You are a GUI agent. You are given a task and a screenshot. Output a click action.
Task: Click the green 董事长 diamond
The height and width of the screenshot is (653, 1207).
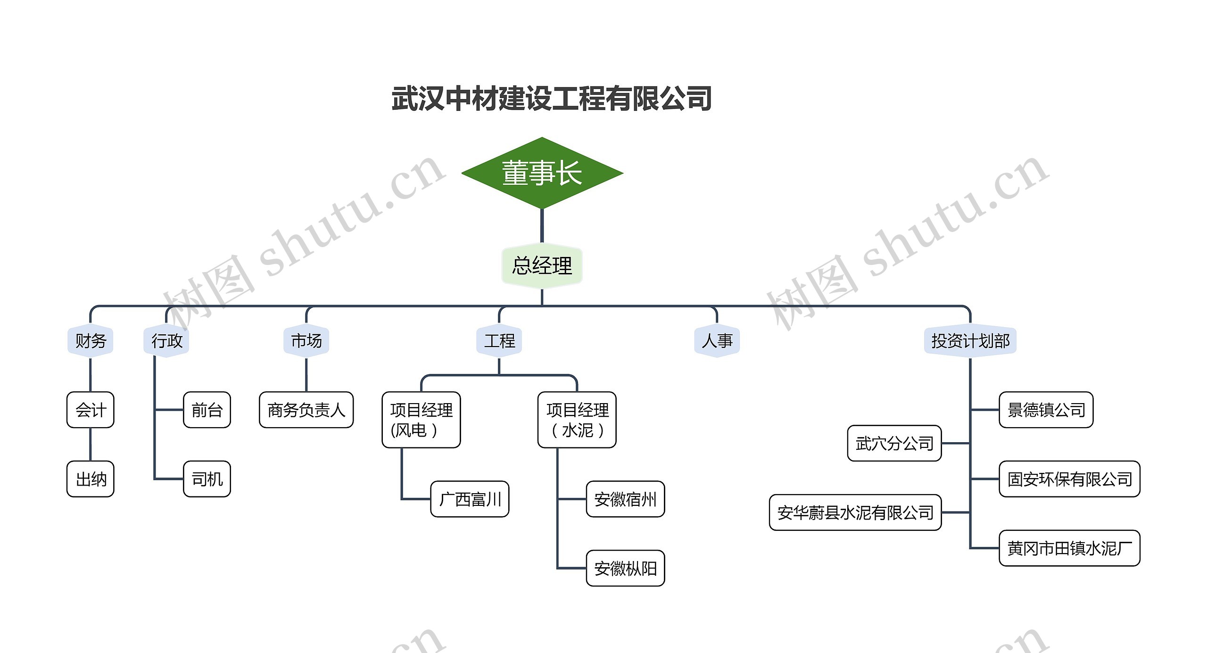tap(542, 173)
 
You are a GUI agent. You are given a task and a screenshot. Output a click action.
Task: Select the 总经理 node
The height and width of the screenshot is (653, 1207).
tap(542, 265)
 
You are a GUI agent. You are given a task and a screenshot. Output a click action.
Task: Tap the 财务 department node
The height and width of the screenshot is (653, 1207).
tap(91, 341)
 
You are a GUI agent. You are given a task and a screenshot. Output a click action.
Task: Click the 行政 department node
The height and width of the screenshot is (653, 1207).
tap(166, 341)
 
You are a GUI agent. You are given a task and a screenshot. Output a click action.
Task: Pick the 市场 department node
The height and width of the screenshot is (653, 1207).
tap(306, 341)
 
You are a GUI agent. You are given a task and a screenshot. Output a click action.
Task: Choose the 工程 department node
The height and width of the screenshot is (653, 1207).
tap(499, 341)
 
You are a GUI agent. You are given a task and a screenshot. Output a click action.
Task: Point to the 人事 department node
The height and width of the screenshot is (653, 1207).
tap(717, 341)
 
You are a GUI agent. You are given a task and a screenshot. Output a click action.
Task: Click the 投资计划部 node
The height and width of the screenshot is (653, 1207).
tap(970, 341)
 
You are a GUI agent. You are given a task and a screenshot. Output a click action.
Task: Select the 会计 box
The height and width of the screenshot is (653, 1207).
tap(91, 410)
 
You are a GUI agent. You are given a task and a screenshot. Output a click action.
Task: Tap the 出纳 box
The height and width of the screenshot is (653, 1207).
tap(91, 479)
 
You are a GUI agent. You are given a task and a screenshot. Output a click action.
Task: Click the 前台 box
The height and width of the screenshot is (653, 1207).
tap(207, 410)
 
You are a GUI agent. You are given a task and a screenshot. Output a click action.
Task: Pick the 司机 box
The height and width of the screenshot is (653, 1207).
tap(207, 479)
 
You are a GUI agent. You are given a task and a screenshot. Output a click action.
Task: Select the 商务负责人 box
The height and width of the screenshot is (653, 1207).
tap(306, 410)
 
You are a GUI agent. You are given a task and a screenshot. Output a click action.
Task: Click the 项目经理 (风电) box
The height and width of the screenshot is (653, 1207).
tap(421, 420)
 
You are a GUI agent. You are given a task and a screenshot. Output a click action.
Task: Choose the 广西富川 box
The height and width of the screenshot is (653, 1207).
tap(470, 499)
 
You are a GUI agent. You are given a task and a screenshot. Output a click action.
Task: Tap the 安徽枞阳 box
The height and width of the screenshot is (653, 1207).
tap(625, 568)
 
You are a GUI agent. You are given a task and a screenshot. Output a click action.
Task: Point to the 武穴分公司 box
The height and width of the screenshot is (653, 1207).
tap(894, 443)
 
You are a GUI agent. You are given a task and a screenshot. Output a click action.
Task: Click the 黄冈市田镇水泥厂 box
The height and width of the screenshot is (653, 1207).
tap(1069, 548)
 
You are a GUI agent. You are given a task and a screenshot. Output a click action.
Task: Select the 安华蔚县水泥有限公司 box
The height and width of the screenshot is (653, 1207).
tap(855, 512)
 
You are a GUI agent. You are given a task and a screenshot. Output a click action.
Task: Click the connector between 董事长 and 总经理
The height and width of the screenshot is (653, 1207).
tap(542, 225)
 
